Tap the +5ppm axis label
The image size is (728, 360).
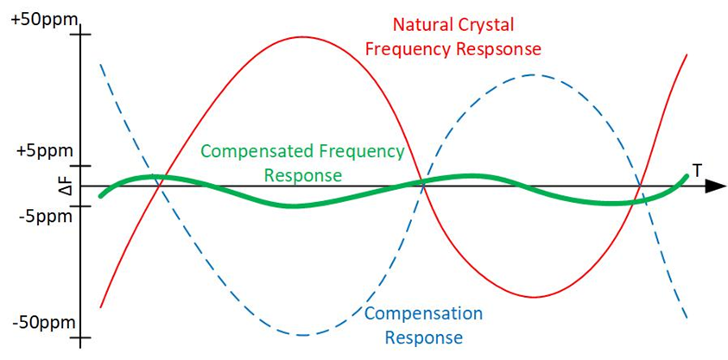(x=39, y=150)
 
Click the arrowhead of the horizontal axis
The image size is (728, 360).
(x=715, y=186)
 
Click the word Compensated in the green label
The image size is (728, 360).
(x=256, y=152)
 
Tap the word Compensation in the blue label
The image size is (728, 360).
(x=423, y=313)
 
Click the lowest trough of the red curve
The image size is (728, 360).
(x=536, y=297)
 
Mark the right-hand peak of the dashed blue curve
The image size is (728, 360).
(x=534, y=75)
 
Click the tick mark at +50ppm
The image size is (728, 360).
(x=79, y=35)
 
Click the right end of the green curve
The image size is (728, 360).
(x=687, y=177)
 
